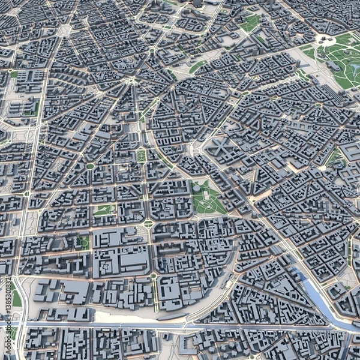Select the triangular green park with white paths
pyautogui.click(x=206, y=197)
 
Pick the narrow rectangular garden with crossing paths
pyautogui.click(x=141, y=155)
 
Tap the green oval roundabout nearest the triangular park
pyautogui.click(x=148, y=223)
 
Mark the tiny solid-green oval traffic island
pyautogui.click(x=90, y=166)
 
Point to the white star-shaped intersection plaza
pyautogui.click(x=128, y=80)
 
